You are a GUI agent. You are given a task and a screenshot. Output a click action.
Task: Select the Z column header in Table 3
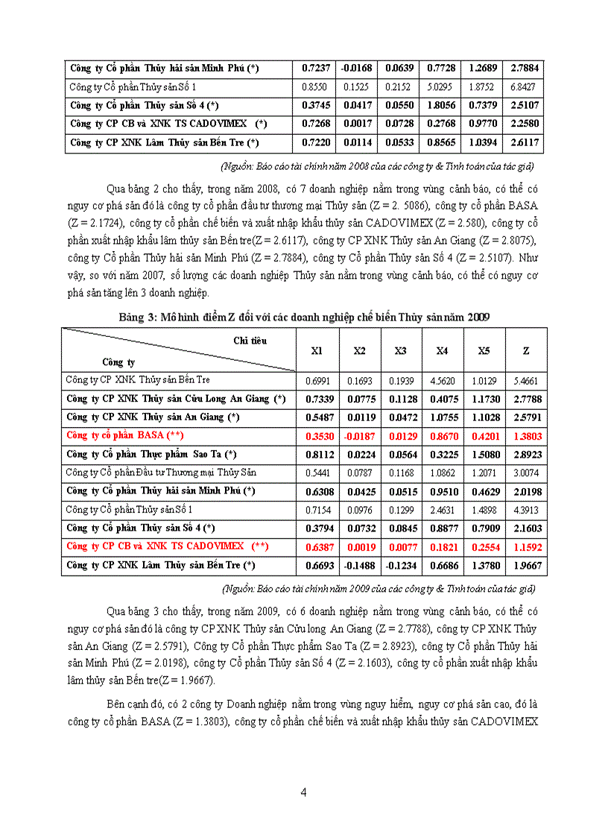(x=526, y=350)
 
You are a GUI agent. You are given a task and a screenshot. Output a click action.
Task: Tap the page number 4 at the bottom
(x=303, y=792)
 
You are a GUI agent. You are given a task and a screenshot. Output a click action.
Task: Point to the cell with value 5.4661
(x=526, y=380)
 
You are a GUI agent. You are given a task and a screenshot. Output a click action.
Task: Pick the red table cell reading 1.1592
(x=526, y=546)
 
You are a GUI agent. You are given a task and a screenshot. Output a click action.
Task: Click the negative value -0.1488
(x=358, y=565)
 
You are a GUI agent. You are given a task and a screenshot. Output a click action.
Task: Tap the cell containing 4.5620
(x=442, y=380)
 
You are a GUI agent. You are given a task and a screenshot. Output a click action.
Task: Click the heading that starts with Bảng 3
(x=304, y=317)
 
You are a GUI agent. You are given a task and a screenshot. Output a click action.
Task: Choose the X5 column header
(x=484, y=350)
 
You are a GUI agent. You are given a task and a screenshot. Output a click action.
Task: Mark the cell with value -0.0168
(x=358, y=69)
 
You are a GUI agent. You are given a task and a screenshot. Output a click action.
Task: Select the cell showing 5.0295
(x=442, y=87)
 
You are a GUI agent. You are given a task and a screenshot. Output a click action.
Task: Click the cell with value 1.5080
(x=484, y=454)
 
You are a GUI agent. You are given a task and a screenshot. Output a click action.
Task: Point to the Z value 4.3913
(x=526, y=510)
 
